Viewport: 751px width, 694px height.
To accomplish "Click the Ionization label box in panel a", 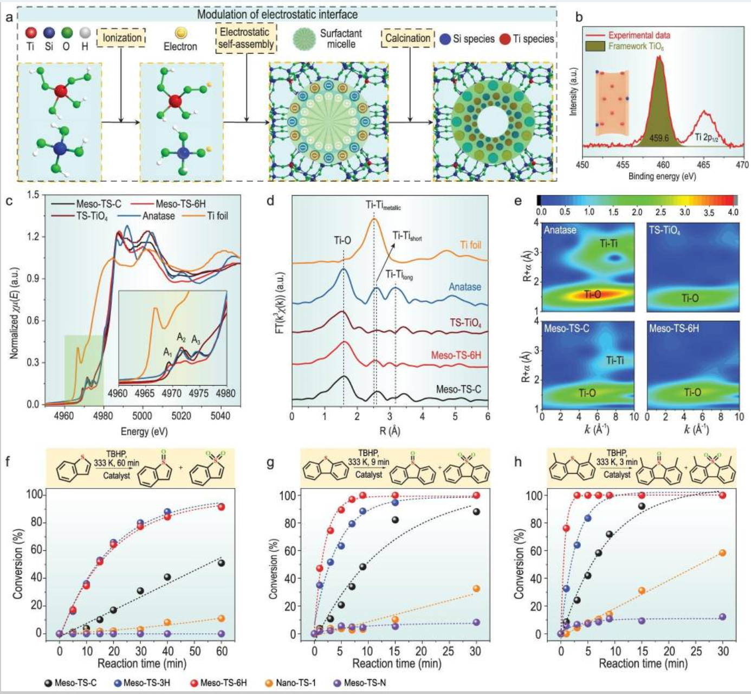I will click(122, 38).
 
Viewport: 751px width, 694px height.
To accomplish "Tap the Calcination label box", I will click(407, 38).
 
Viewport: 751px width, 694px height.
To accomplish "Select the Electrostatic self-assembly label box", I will click(246, 38).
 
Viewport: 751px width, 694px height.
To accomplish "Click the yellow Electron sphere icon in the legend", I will click(180, 34).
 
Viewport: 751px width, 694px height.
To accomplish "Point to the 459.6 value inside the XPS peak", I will click(659, 138).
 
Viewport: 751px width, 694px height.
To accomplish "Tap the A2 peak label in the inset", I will click(182, 338).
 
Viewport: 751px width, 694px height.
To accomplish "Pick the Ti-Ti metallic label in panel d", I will click(383, 205).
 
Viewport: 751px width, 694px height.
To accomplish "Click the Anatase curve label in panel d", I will click(464, 287).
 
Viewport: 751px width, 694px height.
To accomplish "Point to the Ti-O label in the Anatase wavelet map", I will click(592, 294).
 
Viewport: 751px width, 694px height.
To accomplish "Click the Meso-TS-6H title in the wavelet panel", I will click(674, 328).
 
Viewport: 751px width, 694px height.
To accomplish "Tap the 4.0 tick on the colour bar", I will click(733, 213).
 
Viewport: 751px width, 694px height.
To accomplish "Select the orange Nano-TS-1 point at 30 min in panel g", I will click(476, 589).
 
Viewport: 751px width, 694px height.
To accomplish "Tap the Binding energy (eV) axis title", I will click(662, 177).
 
